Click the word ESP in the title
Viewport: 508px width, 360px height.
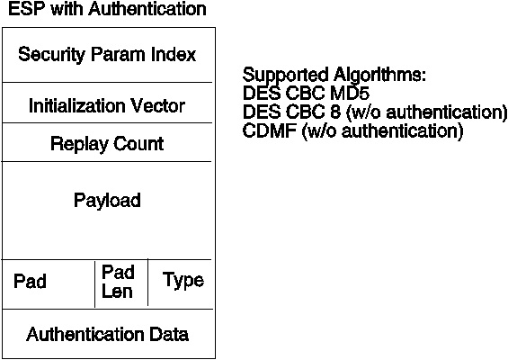[27, 9]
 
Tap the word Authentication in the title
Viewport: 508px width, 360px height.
[147, 9]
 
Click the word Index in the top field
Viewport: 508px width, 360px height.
[174, 54]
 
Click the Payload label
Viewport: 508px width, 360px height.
[107, 201]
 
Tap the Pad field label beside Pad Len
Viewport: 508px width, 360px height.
[30, 281]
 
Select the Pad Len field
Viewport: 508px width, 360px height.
[118, 282]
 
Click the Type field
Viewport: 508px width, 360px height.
[183, 280]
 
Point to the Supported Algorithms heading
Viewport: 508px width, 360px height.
[334, 76]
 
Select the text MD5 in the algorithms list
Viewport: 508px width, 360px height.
[350, 94]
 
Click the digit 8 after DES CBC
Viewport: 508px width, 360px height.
[335, 112]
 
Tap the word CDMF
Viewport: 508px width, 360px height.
[270, 130]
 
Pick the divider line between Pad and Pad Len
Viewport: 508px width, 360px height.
[95, 284]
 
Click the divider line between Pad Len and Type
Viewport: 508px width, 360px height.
[148, 283]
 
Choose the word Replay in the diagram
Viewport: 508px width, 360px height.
[79, 144]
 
